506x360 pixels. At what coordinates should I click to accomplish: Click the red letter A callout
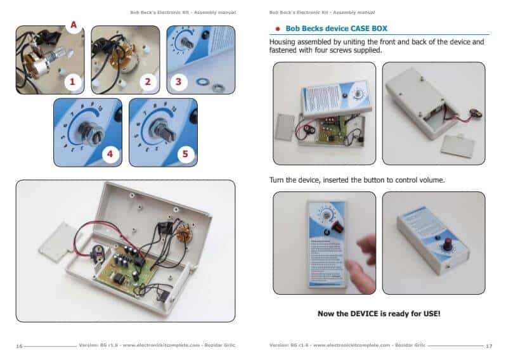coord(74,25)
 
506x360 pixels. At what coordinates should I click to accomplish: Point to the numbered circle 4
coord(110,154)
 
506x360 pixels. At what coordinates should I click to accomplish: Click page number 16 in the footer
coord(19,345)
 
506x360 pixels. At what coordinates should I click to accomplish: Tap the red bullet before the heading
coord(277,29)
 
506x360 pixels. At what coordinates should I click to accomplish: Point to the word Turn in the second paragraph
coord(280,180)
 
